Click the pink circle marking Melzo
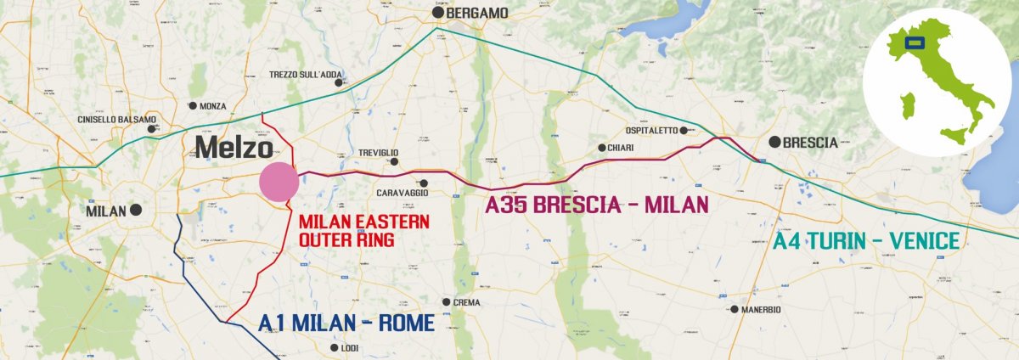tap(279, 183)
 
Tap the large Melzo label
tap(234, 148)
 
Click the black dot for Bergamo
tap(438, 13)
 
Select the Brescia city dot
tap(774, 142)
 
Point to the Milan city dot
tap(135, 210)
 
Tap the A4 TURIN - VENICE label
tap(866, 240)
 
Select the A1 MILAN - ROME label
tap(346, 323)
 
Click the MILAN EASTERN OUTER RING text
tap(357, 231)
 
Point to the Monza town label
tap(213, 106)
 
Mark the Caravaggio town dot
tap(424, 183)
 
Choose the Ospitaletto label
tap(651, 131)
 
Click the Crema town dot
tap(446, 301)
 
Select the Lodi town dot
tap(334, 347)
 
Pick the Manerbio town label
tap(760, 309)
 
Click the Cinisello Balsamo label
tap(116, 120)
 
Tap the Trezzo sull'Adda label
tap(306, 75)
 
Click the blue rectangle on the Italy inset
tap(915, 42)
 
